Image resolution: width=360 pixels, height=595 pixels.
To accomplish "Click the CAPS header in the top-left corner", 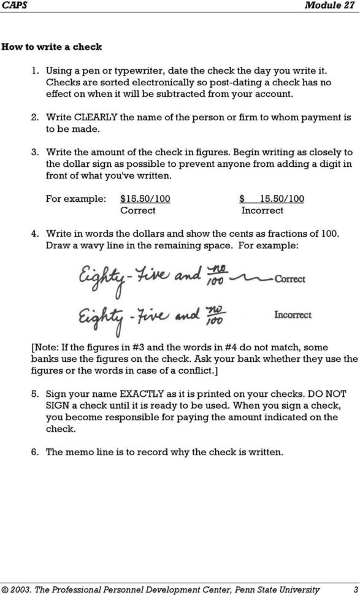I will coord(13,6).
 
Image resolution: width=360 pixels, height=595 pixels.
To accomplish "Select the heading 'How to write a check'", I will coord(52,47).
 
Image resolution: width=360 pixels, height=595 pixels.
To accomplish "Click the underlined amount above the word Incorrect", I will coord(271,199).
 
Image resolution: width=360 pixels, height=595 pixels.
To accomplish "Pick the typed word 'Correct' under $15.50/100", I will coord(137,210).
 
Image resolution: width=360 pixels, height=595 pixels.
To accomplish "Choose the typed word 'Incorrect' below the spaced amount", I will coord(262,210).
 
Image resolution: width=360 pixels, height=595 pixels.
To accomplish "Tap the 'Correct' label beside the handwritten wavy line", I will coord(289,279).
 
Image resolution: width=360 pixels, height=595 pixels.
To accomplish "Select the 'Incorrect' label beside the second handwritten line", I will coord(293,315).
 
